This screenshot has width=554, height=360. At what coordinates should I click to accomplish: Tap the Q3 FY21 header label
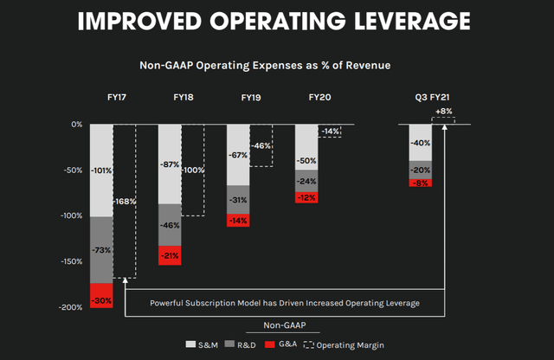point(432,99)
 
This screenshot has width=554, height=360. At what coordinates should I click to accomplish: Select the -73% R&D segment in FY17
point(102,249)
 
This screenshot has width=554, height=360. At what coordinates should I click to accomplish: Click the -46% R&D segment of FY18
point(170,224)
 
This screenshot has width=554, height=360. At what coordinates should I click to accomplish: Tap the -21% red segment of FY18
point(170,254)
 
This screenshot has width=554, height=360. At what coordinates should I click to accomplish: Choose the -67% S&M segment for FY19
point(238,155)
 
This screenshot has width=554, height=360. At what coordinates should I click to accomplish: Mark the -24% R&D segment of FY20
point(306,182)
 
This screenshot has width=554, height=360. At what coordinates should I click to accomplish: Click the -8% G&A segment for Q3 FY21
point(421,183)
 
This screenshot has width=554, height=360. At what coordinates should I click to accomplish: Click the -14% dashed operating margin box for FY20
point(330,131)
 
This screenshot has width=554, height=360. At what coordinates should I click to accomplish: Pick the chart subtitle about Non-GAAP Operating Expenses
point(276,64)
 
